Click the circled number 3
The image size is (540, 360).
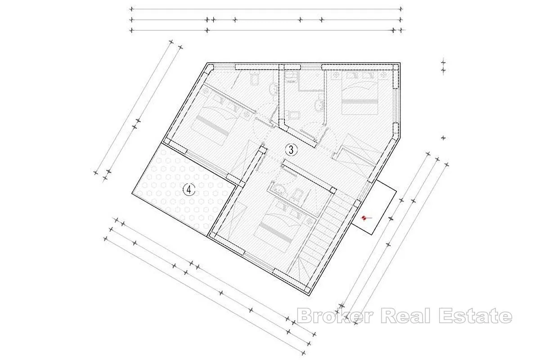291,150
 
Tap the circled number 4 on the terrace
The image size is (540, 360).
189,189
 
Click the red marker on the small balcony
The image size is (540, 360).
364,218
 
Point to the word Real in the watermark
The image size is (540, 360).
405,315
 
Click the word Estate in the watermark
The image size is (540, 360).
475,315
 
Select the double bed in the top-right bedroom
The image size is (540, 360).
360,93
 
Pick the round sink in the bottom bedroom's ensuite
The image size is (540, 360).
279,189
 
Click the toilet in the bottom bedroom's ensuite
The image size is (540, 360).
297,194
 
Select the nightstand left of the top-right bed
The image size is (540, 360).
335,75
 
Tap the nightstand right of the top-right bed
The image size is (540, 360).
383,75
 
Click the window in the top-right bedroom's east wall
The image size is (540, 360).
396,106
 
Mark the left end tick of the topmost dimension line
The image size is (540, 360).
131,9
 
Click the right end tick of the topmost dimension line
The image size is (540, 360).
400,9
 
